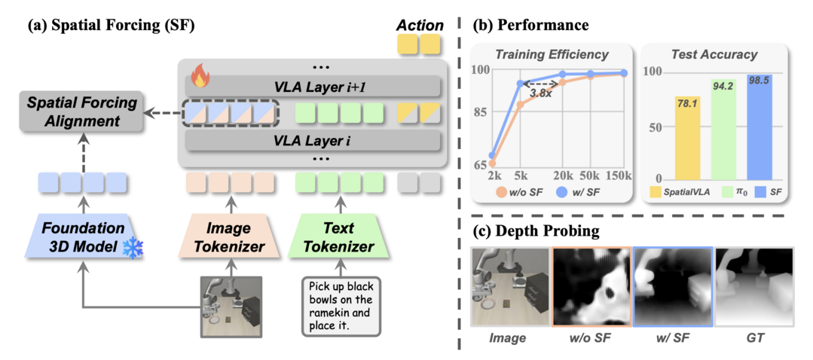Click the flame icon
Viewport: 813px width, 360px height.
[x=200, y=75]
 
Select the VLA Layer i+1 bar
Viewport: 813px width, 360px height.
[x=309, y=85]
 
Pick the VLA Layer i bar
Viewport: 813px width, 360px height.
[x=309, y=141]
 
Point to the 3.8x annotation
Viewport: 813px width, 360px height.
[x=540, y=94]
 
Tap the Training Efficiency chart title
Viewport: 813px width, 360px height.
[x=552, y=54]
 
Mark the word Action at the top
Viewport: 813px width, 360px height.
[x=419, y=25]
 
